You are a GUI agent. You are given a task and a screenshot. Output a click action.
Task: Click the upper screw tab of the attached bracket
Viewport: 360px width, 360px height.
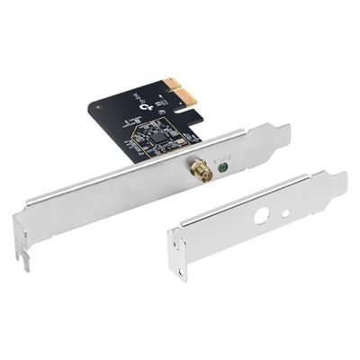coord(278,135)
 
